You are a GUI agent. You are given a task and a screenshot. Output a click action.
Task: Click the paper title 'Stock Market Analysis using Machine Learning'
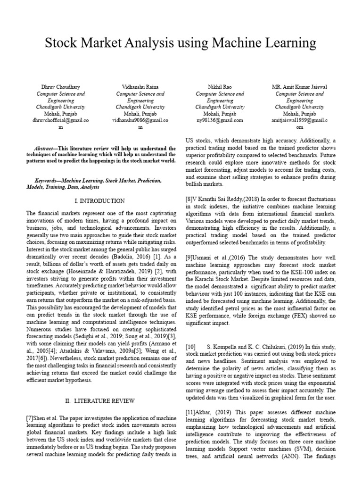tap(181, 44)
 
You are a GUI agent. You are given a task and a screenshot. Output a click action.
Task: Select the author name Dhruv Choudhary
tap(61, 87)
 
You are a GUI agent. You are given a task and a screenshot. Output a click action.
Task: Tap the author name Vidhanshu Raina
tap(140, 87)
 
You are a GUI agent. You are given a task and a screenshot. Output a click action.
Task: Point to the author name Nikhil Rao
tap(219, 87)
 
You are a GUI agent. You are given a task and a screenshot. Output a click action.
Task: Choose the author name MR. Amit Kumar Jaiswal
tap(299, 87)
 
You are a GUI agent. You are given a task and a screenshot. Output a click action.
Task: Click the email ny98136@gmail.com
tap(220, 120)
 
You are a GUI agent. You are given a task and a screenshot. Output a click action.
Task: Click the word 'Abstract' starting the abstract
tap(46, 148)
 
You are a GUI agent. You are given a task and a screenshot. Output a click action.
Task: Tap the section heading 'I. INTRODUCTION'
tap(100, 200)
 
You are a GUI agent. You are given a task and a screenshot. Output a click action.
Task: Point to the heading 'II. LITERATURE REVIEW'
tap(100, 401)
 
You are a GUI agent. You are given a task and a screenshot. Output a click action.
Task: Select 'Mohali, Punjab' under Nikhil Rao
tap(219, 114)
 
